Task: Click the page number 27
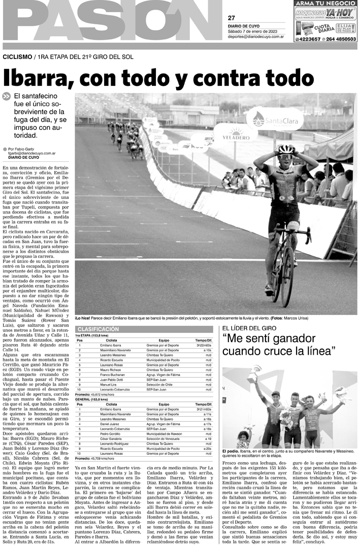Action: click(232, 18)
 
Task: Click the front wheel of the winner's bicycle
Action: click(287, 268)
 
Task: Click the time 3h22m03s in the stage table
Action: click(203, 345)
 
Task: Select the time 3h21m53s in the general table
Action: click(203, 408)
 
